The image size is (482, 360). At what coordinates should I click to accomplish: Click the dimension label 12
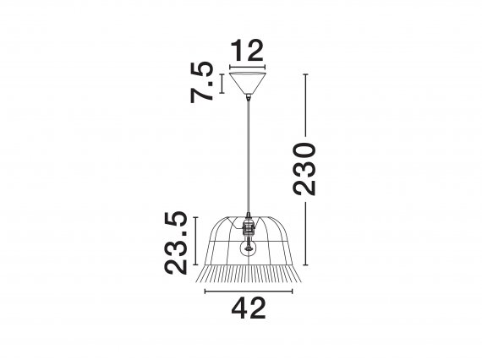click(247, 51)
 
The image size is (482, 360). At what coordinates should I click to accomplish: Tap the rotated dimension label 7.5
click(201, 82)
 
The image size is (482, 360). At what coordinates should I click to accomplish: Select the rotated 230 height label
click(304, 169)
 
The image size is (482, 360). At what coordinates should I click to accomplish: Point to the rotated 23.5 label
click(176, 243)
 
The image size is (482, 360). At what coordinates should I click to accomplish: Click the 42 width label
click(249, 308)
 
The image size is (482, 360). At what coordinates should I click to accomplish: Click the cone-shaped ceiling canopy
click(248, 83)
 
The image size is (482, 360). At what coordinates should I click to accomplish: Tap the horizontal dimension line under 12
click(248, 67)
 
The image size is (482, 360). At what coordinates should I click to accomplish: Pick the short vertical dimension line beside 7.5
click(222, 84)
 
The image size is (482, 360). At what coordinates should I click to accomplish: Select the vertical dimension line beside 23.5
click(195, 241)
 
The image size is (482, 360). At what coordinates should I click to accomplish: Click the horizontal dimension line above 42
click(249, 292)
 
